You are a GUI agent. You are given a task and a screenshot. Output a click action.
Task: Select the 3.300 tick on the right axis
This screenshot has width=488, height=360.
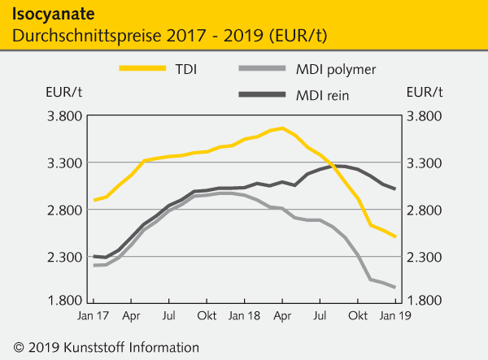coord(425,163)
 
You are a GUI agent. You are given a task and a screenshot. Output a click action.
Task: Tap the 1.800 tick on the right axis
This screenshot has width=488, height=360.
coord(425,301)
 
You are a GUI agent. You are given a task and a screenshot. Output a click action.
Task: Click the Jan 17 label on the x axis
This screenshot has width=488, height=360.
coord(94,314)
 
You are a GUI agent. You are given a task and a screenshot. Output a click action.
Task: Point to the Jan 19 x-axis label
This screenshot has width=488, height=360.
coord(394,314)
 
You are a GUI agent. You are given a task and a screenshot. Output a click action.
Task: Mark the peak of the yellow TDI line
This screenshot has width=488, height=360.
coord(282,128)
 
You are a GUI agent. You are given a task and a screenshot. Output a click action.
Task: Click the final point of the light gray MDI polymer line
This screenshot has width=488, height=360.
coord(395,287)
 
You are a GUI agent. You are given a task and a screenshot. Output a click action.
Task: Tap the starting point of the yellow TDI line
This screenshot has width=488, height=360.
coord(94,200)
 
